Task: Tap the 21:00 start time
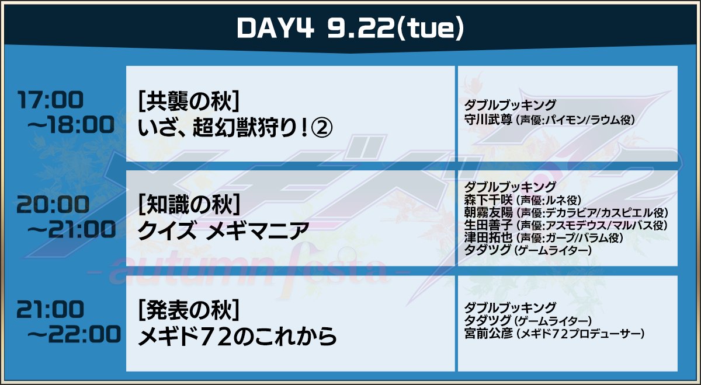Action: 50,309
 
